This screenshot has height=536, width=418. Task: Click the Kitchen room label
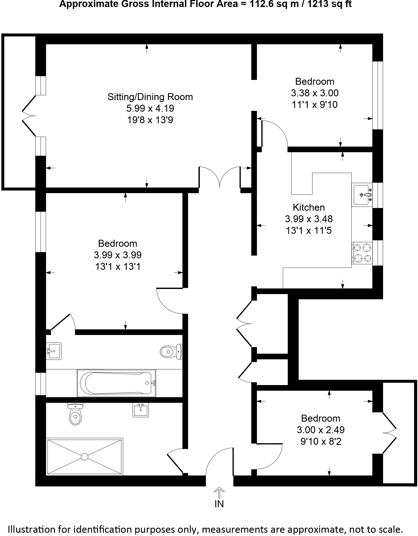pos(309,207)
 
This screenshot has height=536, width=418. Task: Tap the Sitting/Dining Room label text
pos(150,97)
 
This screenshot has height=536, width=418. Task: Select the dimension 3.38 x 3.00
pos(315,93)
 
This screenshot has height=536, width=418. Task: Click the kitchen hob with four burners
pos(362,253)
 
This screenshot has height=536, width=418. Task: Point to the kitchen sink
pos(362,195)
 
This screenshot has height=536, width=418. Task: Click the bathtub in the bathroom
pos(117,383)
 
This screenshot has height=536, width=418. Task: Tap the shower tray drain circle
pos(85,456)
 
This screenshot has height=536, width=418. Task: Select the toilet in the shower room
pos(75,415)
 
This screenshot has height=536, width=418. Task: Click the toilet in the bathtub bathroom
pos(171,351)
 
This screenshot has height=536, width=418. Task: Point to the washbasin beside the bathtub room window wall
pos(54,351)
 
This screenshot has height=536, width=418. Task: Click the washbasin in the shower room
pos(140,410)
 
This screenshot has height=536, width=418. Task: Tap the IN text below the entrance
pos(219,504)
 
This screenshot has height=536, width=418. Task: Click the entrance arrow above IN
pos(219,492)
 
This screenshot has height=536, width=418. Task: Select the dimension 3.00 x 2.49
pos(321,430)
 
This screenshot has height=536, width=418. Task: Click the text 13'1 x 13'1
pos(118,267)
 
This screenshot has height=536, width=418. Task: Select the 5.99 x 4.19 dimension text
pos(150,108)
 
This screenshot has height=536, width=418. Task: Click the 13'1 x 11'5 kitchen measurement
pos(309,231)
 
